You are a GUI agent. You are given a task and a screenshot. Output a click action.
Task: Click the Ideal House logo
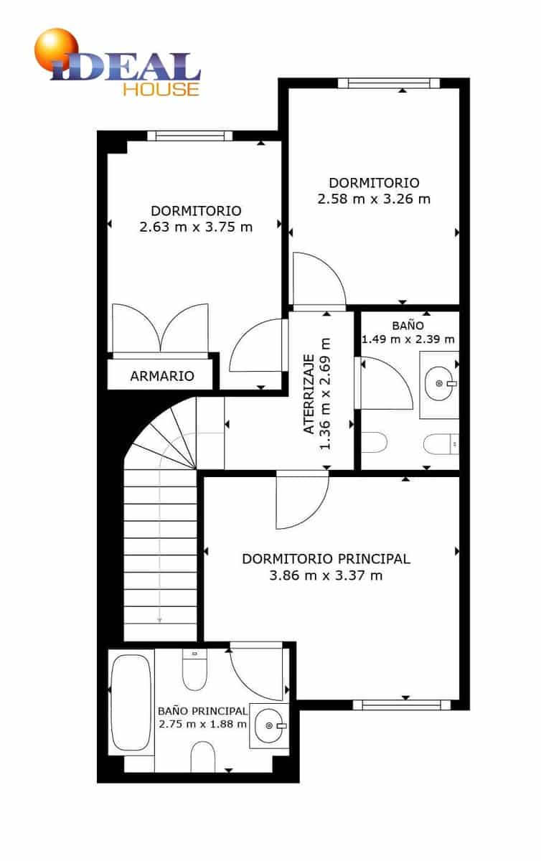(118, 65)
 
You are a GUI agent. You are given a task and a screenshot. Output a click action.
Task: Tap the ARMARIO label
(161, 376)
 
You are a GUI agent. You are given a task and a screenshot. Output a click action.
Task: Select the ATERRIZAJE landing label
(309, 394)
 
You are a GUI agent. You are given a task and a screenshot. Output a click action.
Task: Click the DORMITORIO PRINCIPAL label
(326, 558)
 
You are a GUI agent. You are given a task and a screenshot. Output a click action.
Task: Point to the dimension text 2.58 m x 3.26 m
(374, 199)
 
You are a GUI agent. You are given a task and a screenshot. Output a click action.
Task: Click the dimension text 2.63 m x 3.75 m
(196, 227)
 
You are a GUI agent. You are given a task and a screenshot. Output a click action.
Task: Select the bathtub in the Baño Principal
(131, 701)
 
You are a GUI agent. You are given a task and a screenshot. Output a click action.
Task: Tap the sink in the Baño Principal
(269, 725)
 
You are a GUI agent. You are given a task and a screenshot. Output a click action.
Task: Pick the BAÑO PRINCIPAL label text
(202, 710)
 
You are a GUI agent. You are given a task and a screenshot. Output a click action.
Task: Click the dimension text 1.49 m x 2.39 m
(408, 339)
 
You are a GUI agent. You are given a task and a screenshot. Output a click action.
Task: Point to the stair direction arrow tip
(159, 620)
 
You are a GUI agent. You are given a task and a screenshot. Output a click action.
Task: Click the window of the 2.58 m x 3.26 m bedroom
(388, 83)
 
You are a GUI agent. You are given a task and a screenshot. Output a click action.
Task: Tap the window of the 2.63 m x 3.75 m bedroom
(189, 136)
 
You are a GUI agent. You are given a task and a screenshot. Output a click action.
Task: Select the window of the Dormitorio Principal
(406, 705)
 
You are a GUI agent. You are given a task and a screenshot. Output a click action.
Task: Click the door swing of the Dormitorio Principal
(301, 501)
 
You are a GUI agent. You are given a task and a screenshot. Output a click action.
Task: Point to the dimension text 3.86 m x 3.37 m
(326, 575)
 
